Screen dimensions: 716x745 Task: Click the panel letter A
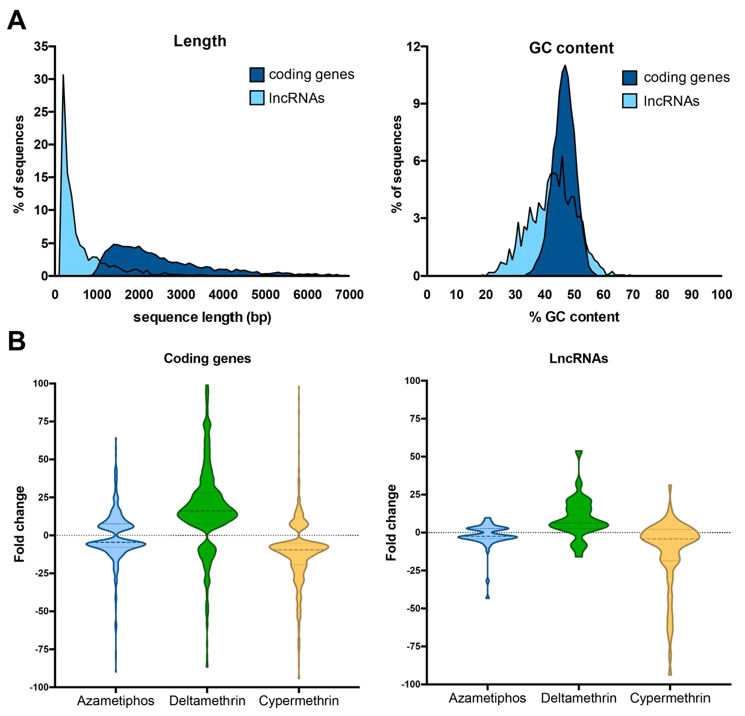(16, 20)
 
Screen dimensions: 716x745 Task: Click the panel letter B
(16, 341)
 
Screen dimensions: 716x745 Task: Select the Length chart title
(200, 41)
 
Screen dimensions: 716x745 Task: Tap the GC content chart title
(571, 48)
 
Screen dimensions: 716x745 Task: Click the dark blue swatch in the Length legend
(257, 75)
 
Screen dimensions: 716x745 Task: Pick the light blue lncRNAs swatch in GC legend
(629, 101)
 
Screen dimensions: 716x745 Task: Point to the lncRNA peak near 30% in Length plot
(63, 76)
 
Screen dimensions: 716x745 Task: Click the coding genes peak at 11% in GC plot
(565, 66)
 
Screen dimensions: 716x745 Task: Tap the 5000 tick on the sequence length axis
(265, 294)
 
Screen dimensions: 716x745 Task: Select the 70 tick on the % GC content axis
(632, 294)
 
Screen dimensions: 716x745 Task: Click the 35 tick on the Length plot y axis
(41, 46)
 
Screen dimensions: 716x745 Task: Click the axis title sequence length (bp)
(202, 317)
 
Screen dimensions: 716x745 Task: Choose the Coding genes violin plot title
(207, 359)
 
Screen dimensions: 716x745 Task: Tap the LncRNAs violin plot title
(578, 359)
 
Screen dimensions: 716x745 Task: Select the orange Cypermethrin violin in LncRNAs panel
(670, 535)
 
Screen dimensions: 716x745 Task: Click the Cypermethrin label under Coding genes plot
(299, 701)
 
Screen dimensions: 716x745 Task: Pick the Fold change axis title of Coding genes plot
(20, 523)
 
